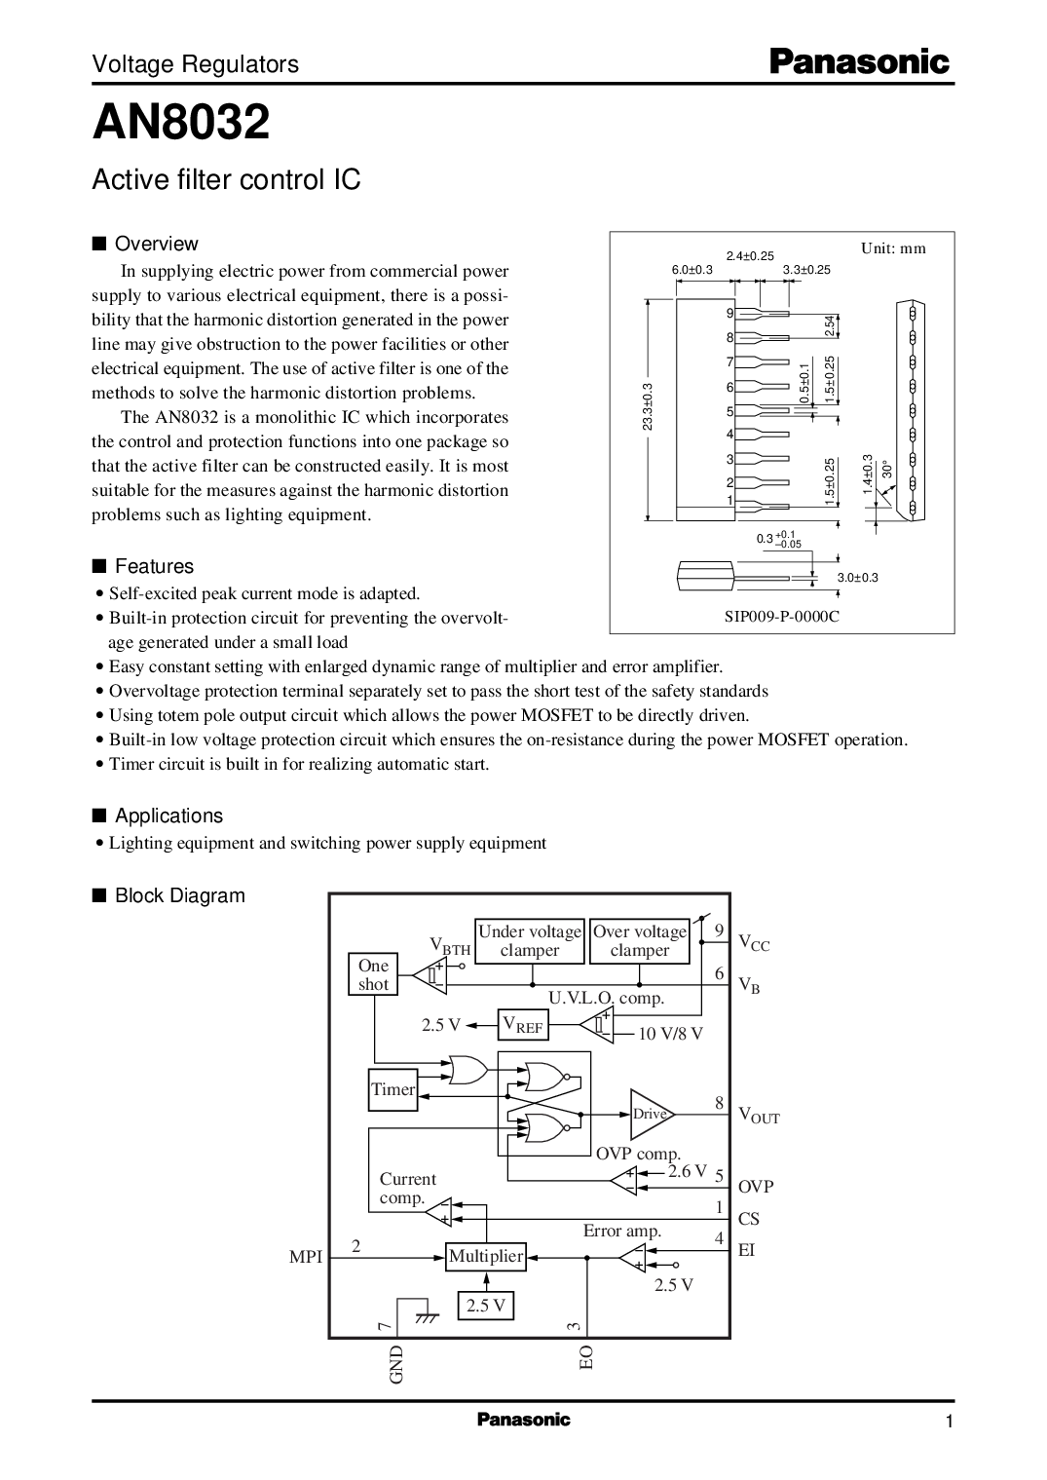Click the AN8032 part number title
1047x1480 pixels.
tap(181, 122)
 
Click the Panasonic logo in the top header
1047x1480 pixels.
tap(859, 62)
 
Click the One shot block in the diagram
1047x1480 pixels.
tap(373, 974)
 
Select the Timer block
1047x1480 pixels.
tap(393, 1089)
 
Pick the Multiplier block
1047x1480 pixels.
tap(486, 1256)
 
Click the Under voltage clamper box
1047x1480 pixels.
tap(530, 941)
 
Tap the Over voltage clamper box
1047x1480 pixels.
tap(640, 941)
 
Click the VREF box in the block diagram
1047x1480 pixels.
tap(522, 1025)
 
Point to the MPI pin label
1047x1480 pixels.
tap(306, 1257)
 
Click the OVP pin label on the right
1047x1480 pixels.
tap(756, 1187)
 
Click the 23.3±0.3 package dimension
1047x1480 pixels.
tap(648, 407)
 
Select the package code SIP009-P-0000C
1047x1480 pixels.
tap(781, 617)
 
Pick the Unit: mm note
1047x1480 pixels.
tap(893, 248)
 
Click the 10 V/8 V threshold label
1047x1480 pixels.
tap(670, 1034)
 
